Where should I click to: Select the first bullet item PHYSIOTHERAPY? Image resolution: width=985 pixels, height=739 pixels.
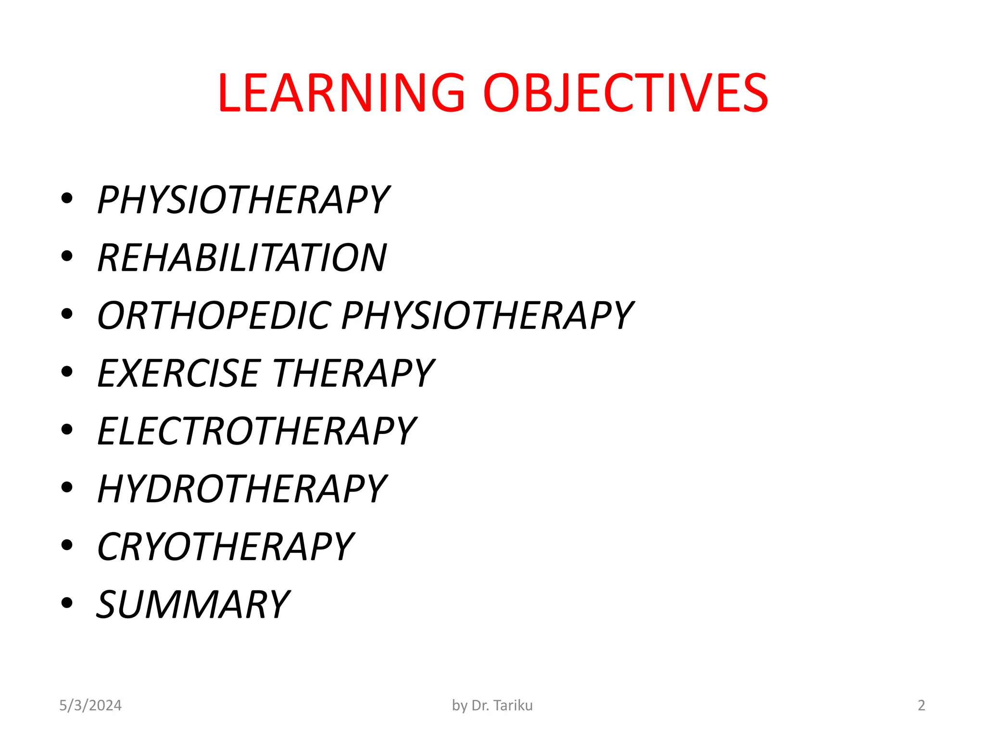click(x=243, y=200)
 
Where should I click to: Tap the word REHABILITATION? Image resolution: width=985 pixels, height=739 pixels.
click(x=242, y=258)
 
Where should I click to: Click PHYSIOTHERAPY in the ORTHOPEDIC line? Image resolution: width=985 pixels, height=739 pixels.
click(x=487, y=316)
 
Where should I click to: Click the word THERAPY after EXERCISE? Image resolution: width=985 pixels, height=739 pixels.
click(x=354, y=373)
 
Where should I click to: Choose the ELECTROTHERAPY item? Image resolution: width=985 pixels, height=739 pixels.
click(x=256, y=431)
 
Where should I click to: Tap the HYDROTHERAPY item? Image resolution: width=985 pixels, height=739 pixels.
click(x=242, y=489)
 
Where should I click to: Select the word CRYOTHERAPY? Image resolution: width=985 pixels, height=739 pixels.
click(x=226, y=547)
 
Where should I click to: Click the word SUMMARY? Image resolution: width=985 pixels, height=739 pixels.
click(x=193, y=605)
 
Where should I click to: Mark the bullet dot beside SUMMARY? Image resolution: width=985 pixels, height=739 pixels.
click(x=67, y=603)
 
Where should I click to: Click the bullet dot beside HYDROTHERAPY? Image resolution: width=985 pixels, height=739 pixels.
click(x=67, y=487)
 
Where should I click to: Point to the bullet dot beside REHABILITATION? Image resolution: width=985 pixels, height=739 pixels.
click(x=67, y=256)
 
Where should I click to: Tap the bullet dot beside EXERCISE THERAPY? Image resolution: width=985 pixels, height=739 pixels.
click(x=67, y=371)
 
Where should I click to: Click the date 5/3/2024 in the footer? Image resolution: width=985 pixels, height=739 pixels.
click(x=90, y=705)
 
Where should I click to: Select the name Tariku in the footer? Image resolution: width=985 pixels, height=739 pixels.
click(x=513, y=705)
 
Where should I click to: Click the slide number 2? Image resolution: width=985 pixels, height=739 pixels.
click(x=922, y=705)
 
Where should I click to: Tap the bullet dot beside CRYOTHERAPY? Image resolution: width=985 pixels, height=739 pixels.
click(x=67, y=545)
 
